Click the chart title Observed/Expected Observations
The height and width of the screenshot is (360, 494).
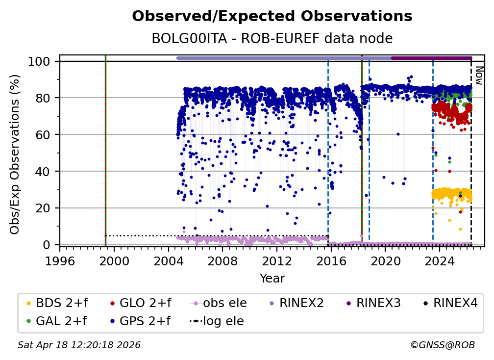[x=272, y=16]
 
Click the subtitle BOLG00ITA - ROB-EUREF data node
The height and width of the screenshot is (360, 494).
[x=272, y=39]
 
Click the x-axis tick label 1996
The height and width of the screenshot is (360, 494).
[x=60, y=261]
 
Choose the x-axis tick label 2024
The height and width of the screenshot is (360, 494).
[x=440, y=261]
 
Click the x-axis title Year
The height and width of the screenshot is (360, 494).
[x=272, y=279]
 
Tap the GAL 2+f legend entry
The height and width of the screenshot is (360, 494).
[x=56, y=321]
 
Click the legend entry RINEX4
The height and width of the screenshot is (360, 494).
[x=451, y=304]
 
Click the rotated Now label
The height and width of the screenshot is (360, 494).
[x=479, y=76]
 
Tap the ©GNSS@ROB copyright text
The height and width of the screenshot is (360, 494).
[x=442, y=345]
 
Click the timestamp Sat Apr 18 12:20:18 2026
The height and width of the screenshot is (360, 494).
[x=79, y=345]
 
